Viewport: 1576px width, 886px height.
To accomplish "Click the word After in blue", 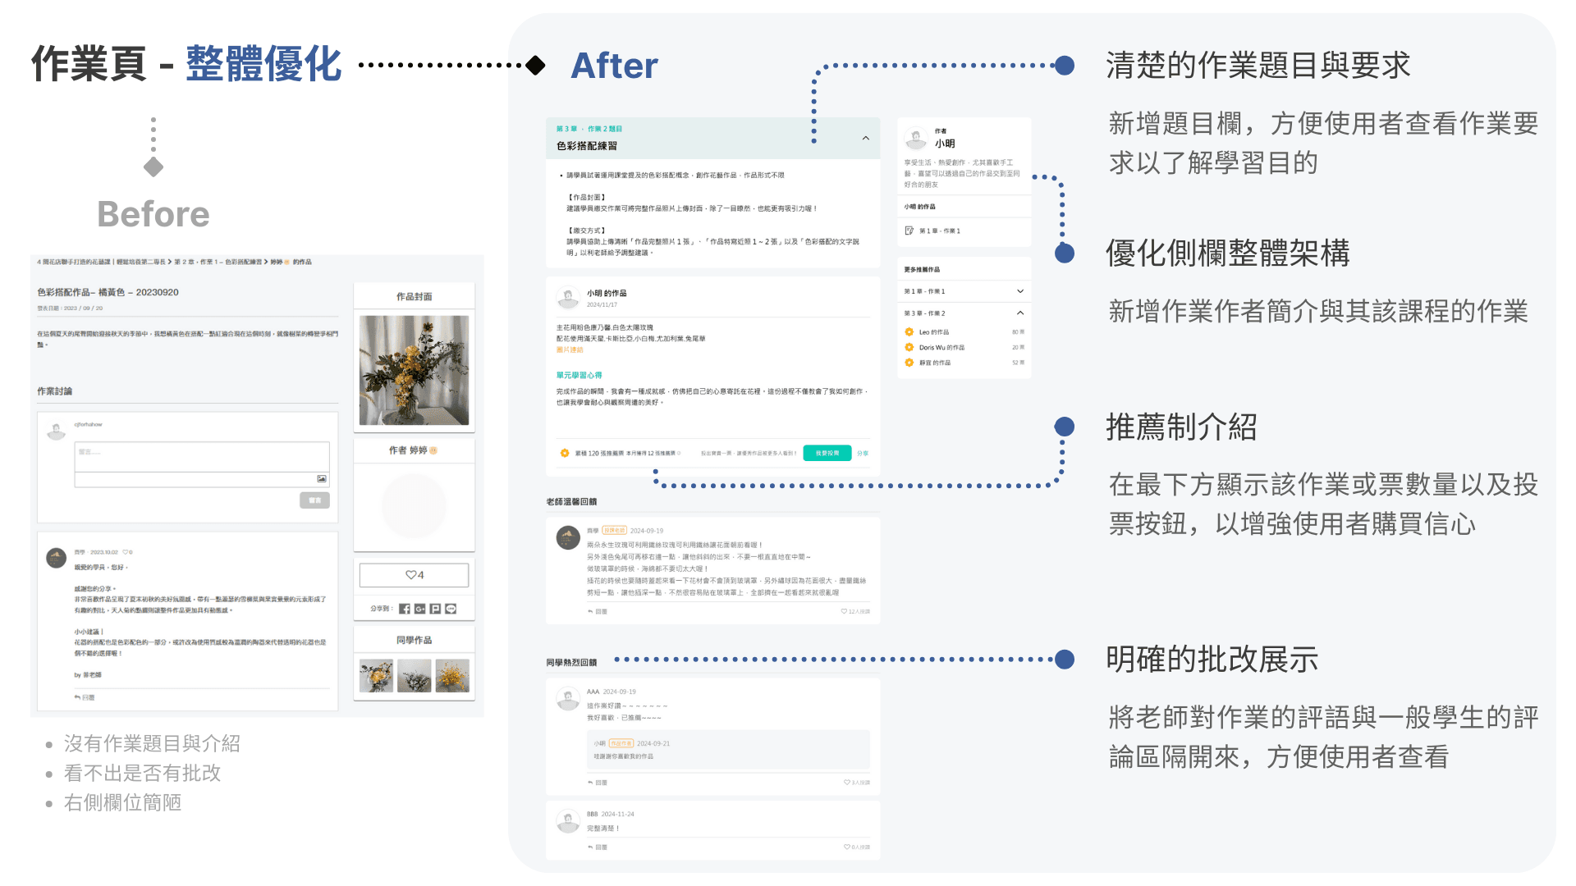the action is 614,66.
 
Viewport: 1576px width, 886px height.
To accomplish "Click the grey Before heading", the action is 153,214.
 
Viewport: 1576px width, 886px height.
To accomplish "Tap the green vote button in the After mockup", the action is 827,453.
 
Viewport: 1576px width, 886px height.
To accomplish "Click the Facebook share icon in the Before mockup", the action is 405,609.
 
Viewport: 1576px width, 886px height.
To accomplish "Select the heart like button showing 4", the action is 415,575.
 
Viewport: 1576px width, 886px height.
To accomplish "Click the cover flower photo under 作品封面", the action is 414,370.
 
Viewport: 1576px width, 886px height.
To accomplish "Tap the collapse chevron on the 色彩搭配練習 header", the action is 866,138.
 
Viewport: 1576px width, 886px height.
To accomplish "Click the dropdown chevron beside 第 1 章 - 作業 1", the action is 1020,291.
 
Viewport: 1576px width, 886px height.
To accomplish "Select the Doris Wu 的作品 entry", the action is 941,347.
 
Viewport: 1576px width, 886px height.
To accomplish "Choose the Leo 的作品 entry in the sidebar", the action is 934,332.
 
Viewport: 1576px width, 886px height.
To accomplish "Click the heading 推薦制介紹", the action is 1181,427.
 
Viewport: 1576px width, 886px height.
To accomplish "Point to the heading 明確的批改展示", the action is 1212,659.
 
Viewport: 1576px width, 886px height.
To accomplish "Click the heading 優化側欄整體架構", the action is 1227,253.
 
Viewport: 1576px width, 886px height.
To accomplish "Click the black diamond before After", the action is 536,65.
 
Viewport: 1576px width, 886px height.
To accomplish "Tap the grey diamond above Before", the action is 153,167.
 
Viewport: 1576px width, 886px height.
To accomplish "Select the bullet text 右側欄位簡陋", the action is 123,802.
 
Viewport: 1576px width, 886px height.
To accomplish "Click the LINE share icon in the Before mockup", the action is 451,609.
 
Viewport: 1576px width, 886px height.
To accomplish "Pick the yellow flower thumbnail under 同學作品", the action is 452,676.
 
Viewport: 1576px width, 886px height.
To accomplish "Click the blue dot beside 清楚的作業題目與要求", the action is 1065,66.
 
